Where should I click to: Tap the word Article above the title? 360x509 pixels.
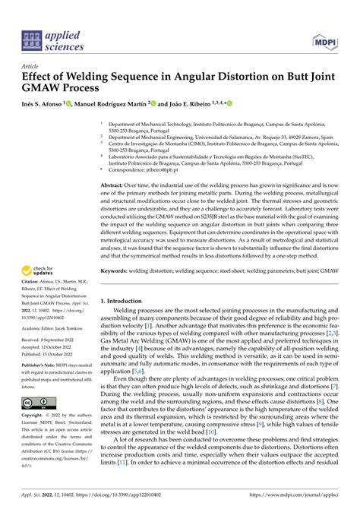coord(33,66)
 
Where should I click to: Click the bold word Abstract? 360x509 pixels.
coord(114,185)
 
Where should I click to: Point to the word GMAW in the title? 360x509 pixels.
coord(44,88)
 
